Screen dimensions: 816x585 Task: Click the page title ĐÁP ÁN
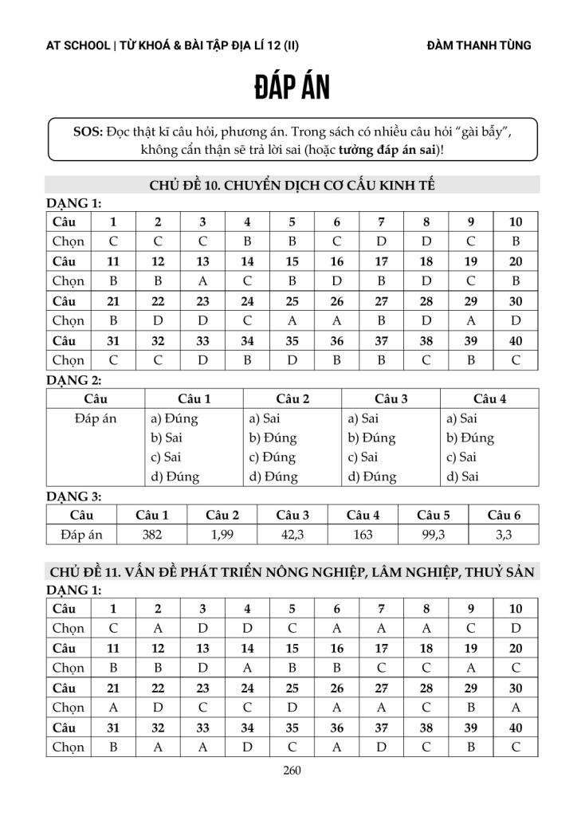(292, 88)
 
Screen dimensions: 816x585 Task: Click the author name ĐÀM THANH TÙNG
(479, 45)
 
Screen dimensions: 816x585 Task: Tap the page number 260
(292, 770)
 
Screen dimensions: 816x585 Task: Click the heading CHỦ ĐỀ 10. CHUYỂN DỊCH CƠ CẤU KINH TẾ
(292, 186)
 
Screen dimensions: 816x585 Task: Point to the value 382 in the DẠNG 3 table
(151, 535)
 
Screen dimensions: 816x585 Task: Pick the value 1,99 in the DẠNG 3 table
(222, 535)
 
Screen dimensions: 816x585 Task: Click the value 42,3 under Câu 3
(292, 535)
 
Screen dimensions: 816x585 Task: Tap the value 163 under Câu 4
(363, 535)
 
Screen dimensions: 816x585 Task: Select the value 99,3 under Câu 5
(433, 535)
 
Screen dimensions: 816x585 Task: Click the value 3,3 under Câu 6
(504, 535)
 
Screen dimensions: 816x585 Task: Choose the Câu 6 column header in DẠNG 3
(504, 515)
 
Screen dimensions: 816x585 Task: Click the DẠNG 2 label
(74, 380)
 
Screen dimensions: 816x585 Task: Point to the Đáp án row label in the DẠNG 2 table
(95, 418)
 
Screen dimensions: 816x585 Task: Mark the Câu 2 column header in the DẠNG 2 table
(292, 398)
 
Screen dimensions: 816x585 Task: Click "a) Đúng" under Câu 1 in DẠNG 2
(175, 418)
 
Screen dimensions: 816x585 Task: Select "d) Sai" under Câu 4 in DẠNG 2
(462, 477)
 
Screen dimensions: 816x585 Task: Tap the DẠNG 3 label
(74, 496)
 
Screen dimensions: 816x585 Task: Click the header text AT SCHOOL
(78, 45)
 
